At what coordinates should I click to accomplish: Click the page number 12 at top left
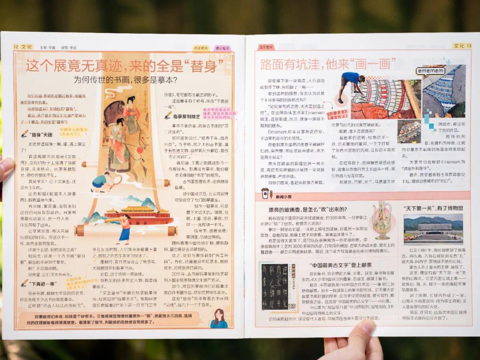tap(16, 46)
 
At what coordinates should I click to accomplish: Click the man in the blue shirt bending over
tap(352, 82)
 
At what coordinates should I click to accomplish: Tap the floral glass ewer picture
tap(381, 220)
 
